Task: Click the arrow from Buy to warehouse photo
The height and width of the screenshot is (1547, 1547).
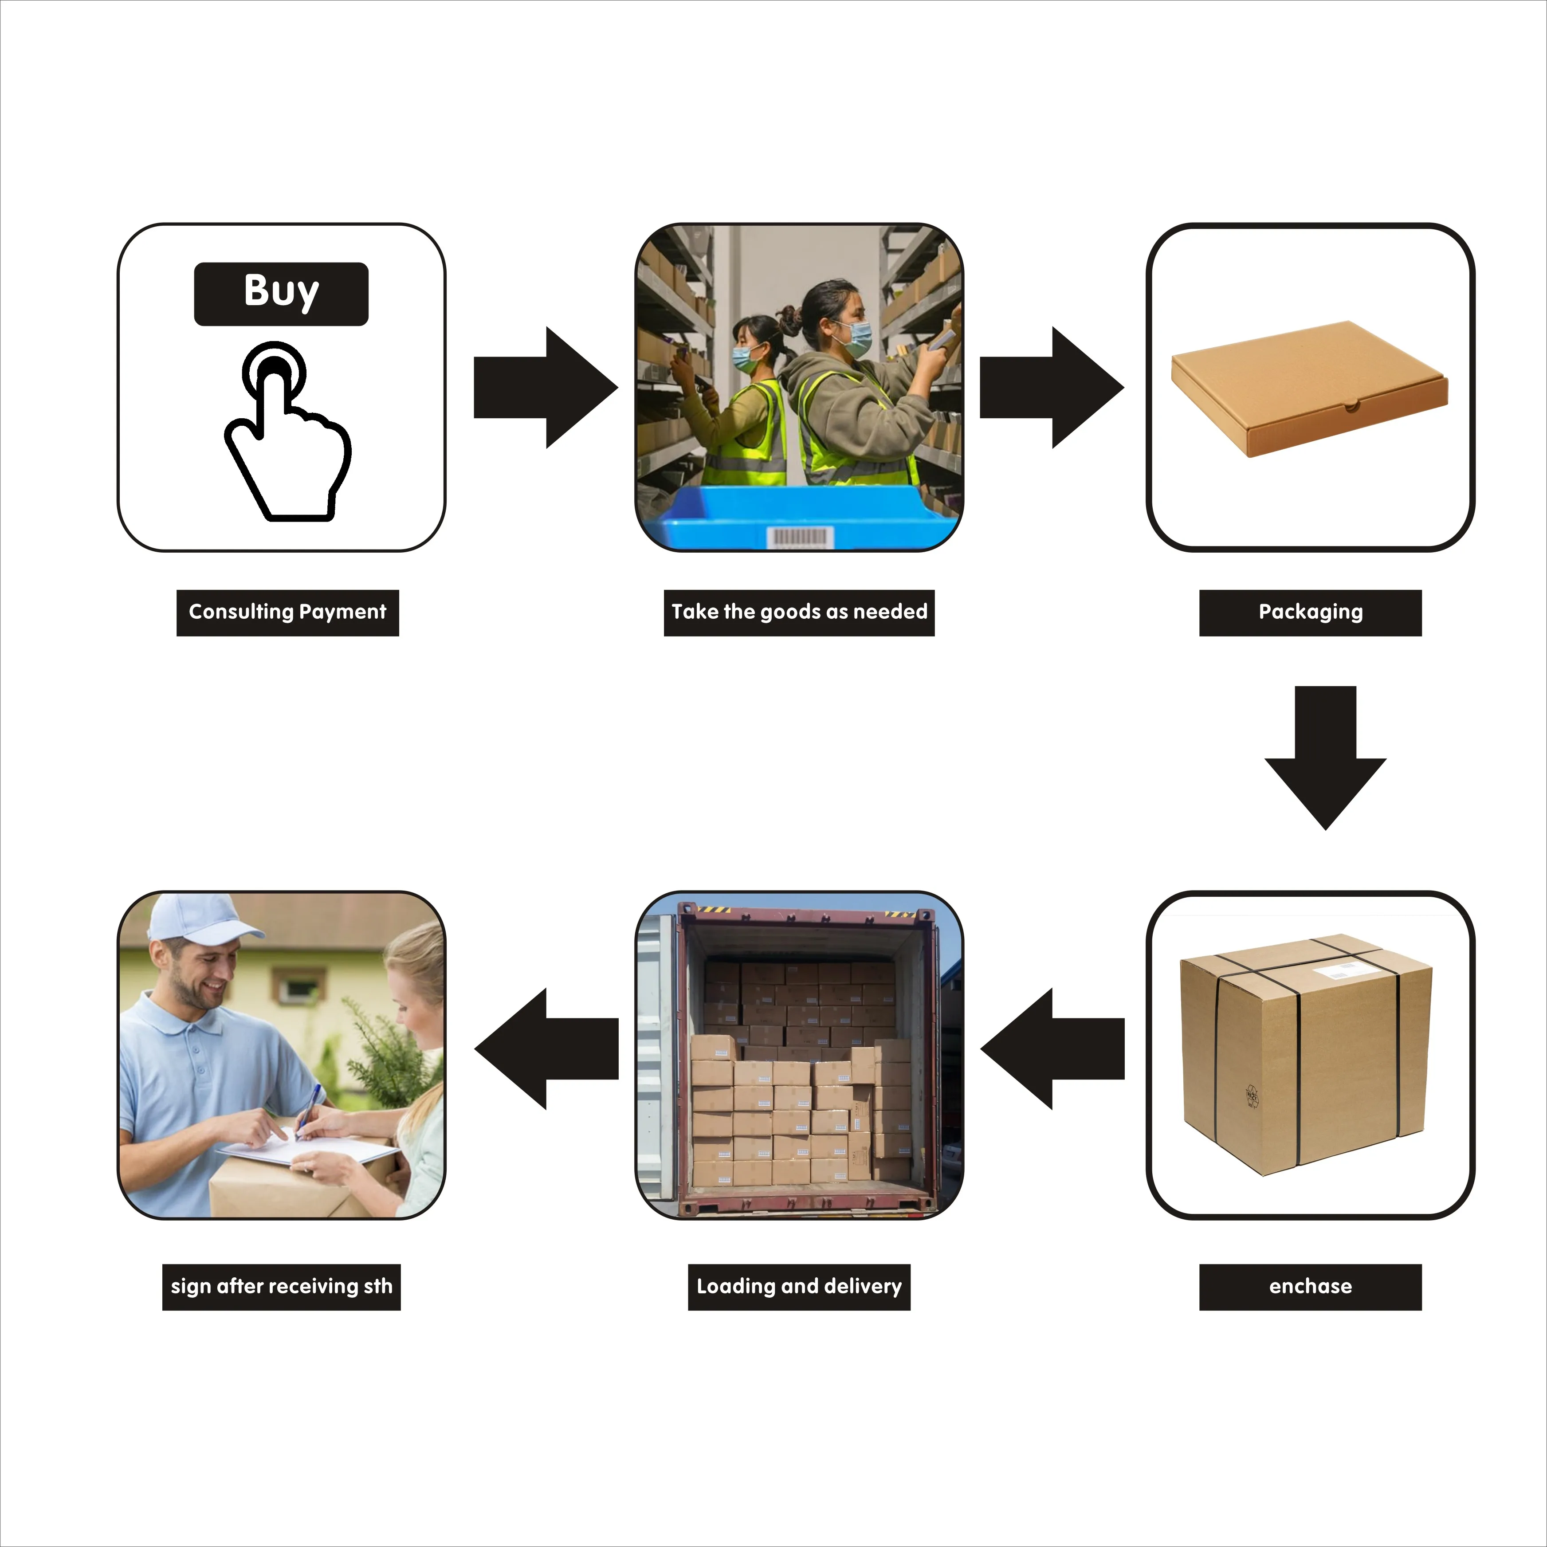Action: point(545,388)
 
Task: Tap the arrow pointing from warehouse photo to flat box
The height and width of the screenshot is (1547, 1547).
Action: point(1051,388)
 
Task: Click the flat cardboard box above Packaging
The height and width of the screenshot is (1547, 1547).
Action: point(1309,389)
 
